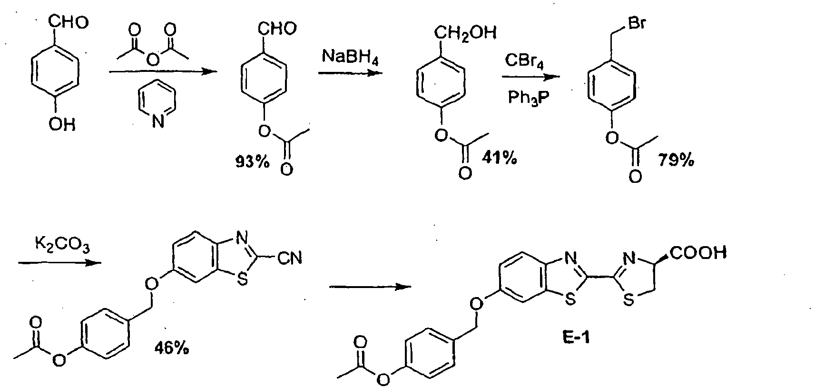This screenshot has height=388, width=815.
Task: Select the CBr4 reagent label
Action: (524, 61)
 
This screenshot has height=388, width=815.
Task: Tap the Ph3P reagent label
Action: (528, 98)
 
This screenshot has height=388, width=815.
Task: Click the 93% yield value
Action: (253, 161)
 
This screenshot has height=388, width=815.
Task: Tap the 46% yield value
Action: (172, 348)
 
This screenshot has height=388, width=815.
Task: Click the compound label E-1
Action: (576, 338)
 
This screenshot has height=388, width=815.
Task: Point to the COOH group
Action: (698, 253)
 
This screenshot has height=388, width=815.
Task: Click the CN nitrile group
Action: (290, 259)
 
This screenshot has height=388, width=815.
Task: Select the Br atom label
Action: (637, 23)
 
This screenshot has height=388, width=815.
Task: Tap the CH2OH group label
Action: (465, 33)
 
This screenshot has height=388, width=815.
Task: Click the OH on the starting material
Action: (62, 125)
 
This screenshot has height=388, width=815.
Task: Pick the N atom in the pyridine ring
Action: (158, 121)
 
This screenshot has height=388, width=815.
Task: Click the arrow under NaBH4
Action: (350, 73)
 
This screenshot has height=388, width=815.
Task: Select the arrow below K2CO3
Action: (59, 262)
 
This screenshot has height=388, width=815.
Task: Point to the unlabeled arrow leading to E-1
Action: (370, 287)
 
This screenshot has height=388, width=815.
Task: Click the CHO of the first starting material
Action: (69, 22)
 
